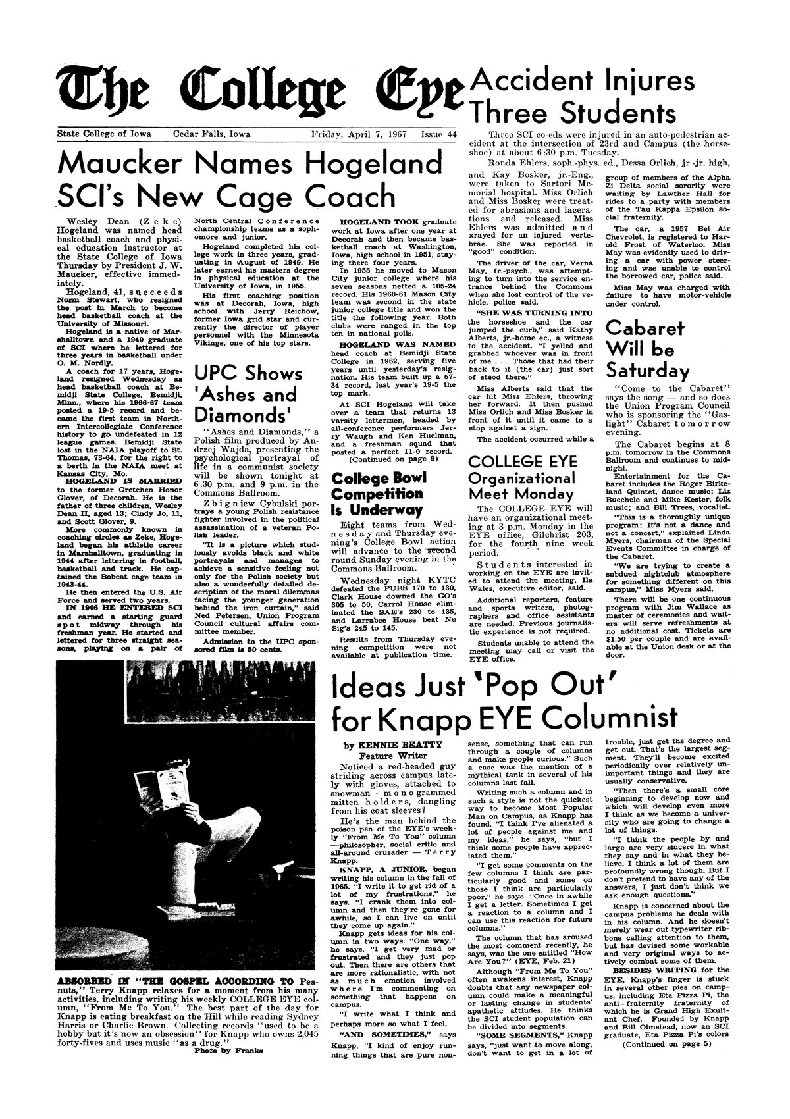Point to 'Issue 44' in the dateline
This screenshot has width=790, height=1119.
coord(438,134)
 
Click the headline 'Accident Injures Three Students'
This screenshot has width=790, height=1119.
coord(579,95)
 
